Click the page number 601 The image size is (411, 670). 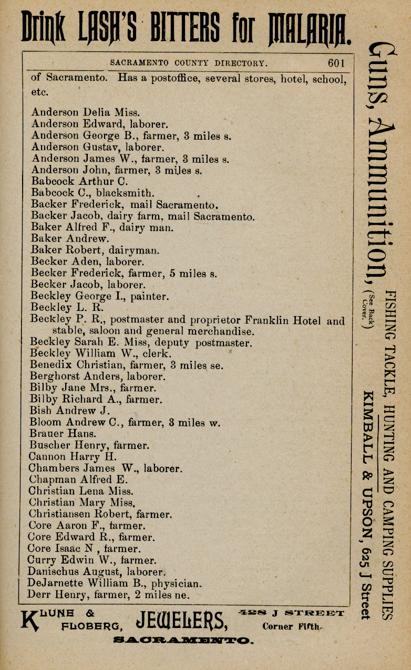[x=336, y=63]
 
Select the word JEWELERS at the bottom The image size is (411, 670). [x=182, y=623]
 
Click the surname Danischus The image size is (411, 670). [x=53, y=572]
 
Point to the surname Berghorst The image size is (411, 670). [x=55, y=377]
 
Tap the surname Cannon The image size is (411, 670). [x=48, y=457]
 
